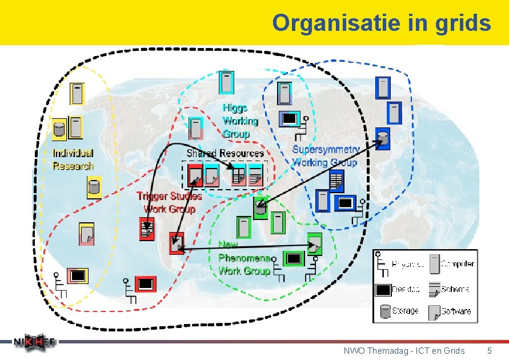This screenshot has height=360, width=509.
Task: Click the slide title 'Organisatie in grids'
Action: pos(381,23)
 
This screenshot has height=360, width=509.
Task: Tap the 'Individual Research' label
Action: pos(73,159)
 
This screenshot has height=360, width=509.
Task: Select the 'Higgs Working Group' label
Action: pos(240,121)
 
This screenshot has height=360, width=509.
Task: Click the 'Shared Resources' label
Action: pos(225,153)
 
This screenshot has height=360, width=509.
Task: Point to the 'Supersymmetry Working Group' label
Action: pos(326,156)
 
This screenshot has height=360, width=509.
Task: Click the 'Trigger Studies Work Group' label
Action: pos(169,202)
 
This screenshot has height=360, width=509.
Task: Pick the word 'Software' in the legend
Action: pos(456,311)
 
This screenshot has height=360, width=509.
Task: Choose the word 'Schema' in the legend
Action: pos(456,289)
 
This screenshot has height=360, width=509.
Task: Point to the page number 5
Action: pos(489,350)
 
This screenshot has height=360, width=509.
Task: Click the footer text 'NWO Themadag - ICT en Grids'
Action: pos(404,350)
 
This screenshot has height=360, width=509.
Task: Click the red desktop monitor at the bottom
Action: pos(145,283)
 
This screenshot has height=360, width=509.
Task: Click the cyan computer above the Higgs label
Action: pos(227,82)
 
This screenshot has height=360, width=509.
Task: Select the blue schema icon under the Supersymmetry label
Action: pos(336,182)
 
